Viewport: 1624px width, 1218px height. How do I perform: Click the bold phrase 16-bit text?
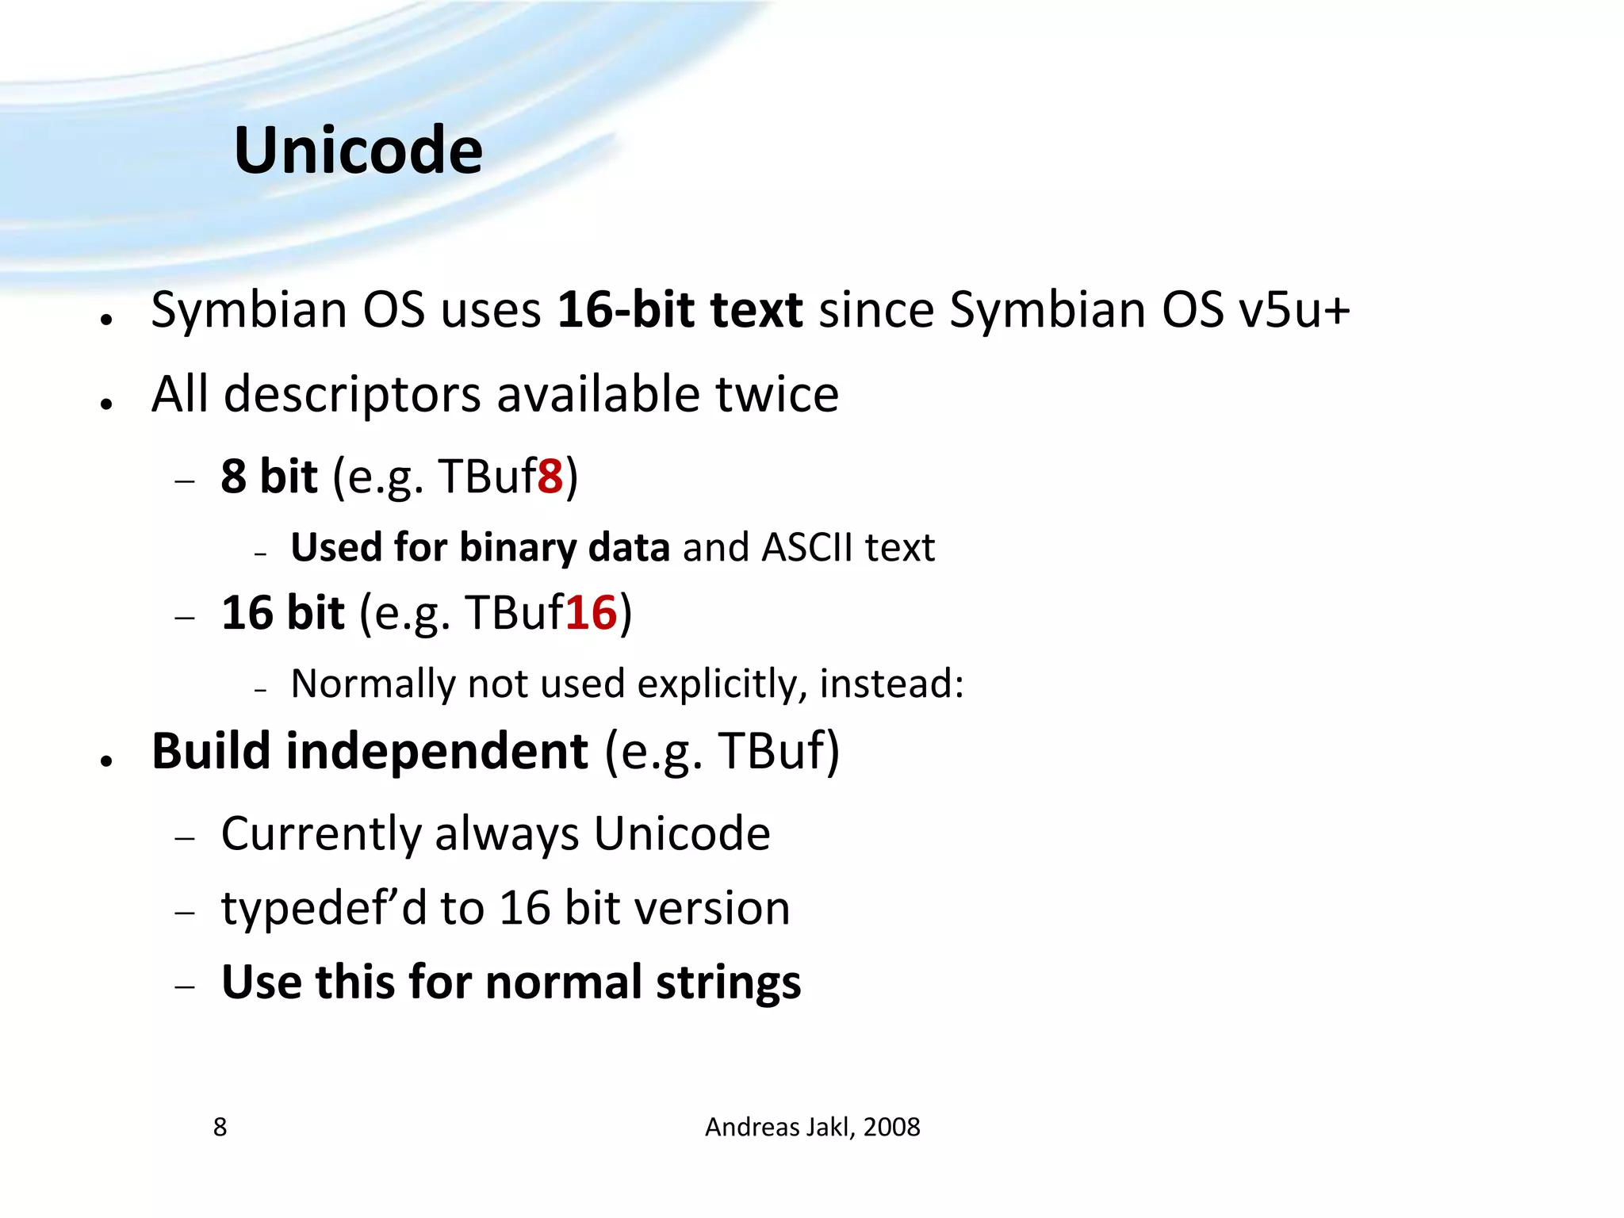pyautogui.click(x=680, y=309)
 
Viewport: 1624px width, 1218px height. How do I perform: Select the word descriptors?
pyautogui.click(x=352, y=394)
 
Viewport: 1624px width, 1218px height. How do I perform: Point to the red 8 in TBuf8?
pyautogui.click(x=550, y=477)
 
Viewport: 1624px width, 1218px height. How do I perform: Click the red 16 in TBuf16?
pyautogui.click(x=591, y=613)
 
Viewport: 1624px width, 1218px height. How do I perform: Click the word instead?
pyautogui.click(x=891, y=684)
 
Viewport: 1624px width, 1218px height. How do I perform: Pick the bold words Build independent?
pyautogui.click(x=370, y=751)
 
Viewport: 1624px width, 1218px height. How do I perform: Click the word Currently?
pyautogui.click(x=321, y=834)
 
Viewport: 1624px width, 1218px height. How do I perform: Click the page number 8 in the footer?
pyautogui.click(x=220, y=1127)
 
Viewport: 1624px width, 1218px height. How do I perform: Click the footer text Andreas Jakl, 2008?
pyautogui.click(x=812, y=1127)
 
